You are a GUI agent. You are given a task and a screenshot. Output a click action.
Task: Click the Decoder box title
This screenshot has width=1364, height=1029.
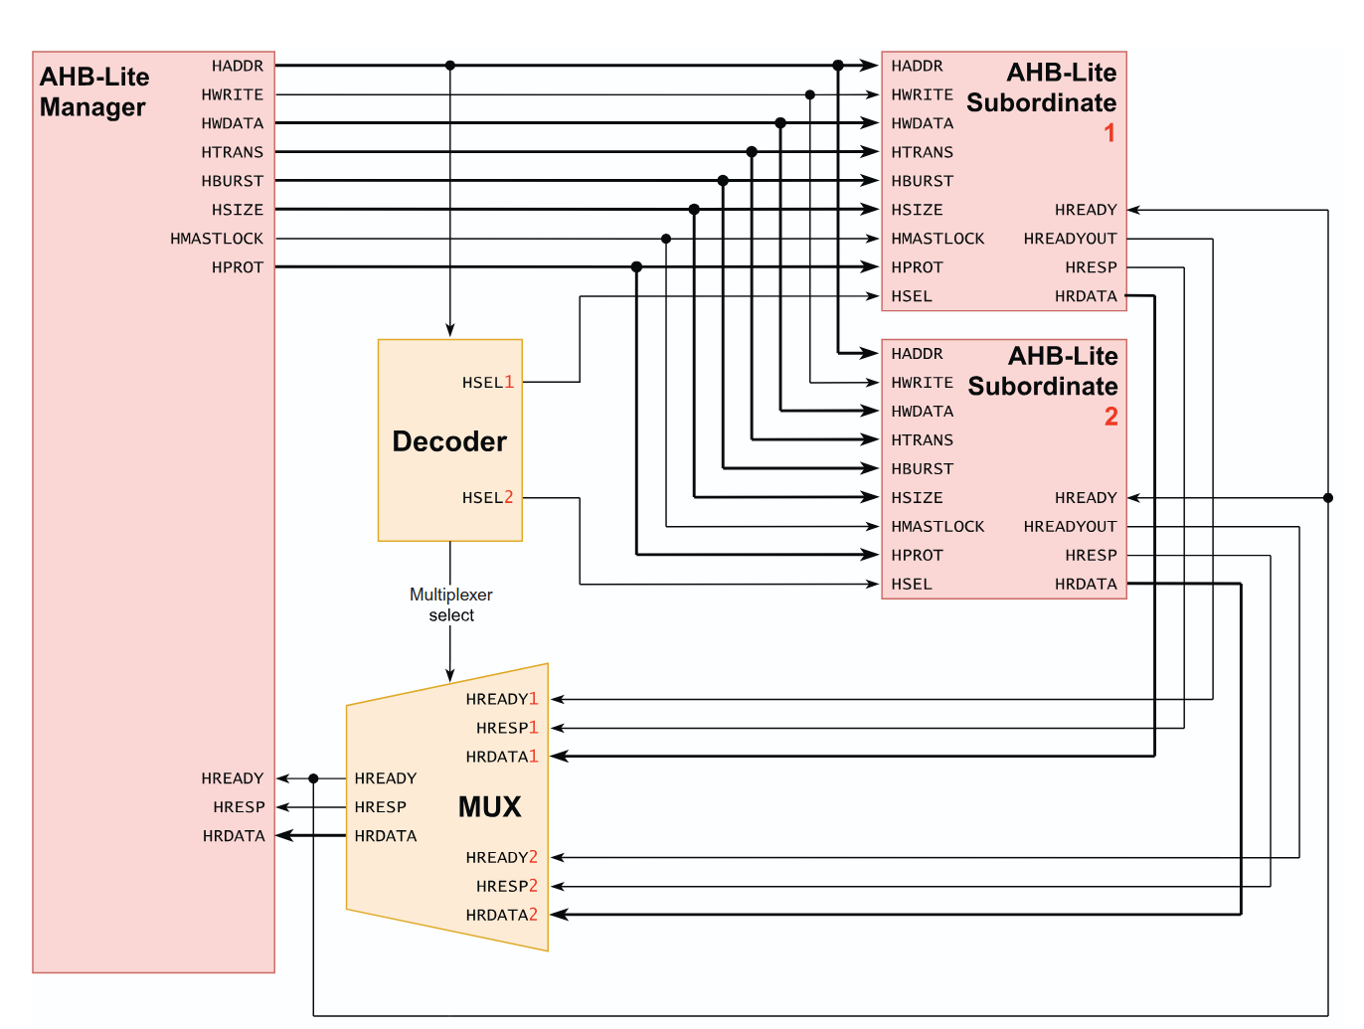pos(449,441)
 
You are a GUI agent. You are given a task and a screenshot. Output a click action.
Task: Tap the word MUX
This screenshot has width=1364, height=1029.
pos(489,806)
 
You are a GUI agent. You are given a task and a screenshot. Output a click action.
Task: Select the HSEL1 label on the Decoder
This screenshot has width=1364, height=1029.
pos(487,382)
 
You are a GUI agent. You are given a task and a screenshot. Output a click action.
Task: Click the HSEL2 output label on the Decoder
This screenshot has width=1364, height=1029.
pos(487,497)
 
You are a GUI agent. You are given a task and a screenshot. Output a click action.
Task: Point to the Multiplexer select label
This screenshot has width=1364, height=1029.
pos(451,604)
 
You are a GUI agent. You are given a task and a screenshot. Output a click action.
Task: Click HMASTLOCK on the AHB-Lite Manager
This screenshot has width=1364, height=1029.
pos(217,239)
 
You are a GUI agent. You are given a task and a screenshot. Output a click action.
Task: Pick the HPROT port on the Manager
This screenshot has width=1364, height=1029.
pos(238,267)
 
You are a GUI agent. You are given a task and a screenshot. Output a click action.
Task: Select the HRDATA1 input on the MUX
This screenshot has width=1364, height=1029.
pos(501,757)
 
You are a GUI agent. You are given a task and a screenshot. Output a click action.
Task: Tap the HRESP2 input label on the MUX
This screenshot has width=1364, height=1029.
pos(506,886)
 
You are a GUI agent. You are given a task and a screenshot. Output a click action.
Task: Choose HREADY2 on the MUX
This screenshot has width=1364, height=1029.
pos(501,857)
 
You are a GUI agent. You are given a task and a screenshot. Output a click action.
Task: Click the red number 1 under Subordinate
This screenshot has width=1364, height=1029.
pos(1109,133)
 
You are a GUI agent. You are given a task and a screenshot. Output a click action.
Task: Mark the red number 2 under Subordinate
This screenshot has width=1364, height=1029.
pos(1110,417)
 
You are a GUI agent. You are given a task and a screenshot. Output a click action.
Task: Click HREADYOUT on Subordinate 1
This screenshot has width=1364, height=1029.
pos(1070,239)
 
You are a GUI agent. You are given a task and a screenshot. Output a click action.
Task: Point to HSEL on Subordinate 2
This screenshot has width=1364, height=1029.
pos(912,585)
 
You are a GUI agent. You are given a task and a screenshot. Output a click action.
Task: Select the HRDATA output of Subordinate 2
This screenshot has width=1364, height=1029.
pos(1086,585)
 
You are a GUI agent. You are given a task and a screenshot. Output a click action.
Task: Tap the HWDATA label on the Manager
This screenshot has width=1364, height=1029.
pos(233,123)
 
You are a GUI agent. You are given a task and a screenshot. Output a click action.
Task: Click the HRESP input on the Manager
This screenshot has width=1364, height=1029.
pos(239,807)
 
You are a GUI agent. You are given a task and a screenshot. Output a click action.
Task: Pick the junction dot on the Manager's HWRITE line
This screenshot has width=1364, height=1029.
pos(810,95)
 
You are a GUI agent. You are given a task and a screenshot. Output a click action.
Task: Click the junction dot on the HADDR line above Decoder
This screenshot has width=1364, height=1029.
pos(450,66)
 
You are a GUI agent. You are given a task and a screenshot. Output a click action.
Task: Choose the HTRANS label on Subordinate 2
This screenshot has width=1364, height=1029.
pos(922,440)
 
